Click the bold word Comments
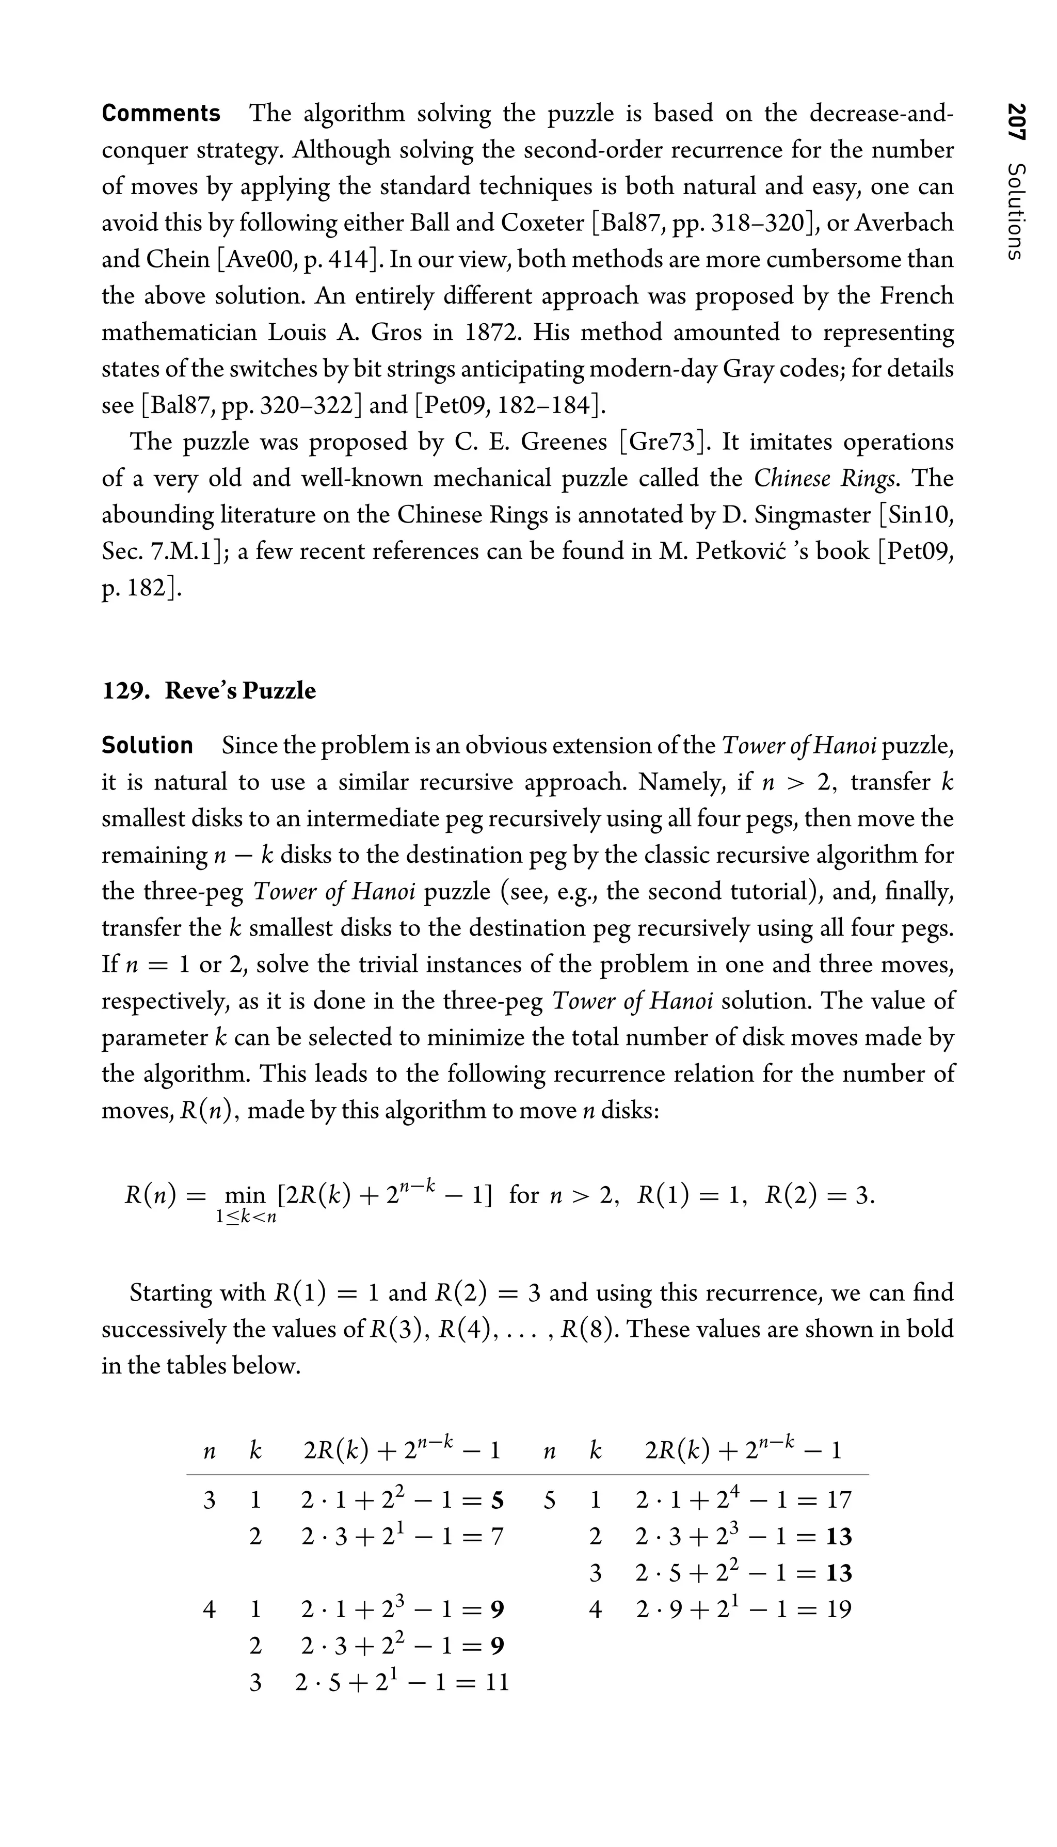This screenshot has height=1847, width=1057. tap(161, 113)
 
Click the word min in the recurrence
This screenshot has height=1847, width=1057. tap(245, 1195)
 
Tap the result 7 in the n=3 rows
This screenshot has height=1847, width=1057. tap(497, 1536)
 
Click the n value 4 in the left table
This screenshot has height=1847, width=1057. tap(209, 1609)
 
